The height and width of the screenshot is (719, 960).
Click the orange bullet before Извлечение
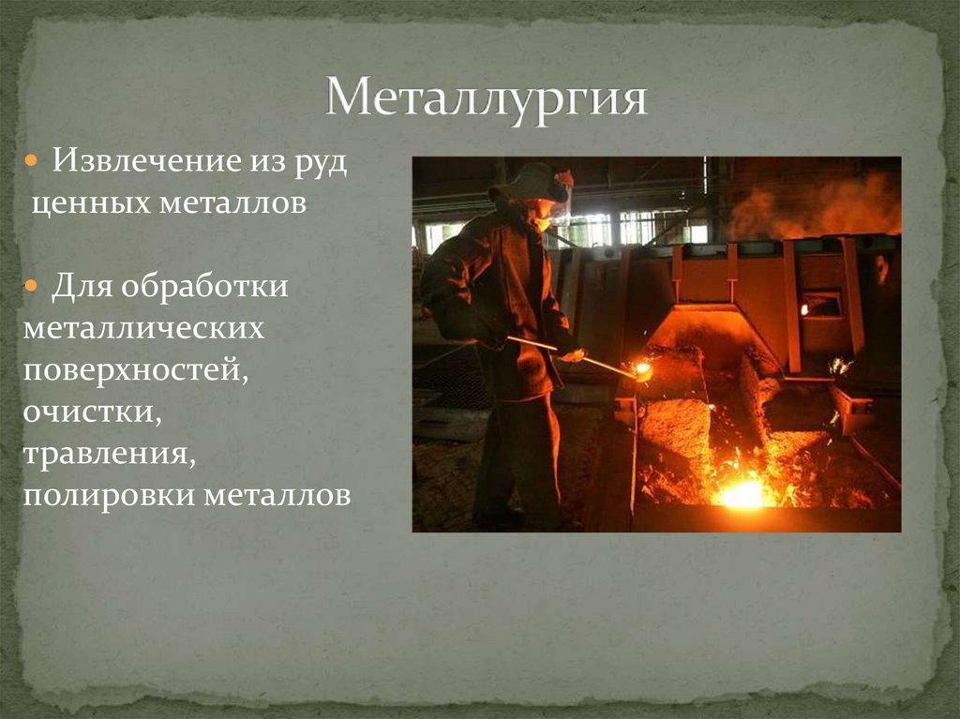(32, 161)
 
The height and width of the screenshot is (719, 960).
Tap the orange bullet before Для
(32, 285)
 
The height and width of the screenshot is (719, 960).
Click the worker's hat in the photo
(530, 181)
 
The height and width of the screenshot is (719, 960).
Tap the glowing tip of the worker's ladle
(642, 370)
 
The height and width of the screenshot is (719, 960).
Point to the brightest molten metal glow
(744, 491)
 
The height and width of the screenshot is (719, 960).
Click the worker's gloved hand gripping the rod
(568, 352)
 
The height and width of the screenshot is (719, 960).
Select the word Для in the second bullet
(79, 285)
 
